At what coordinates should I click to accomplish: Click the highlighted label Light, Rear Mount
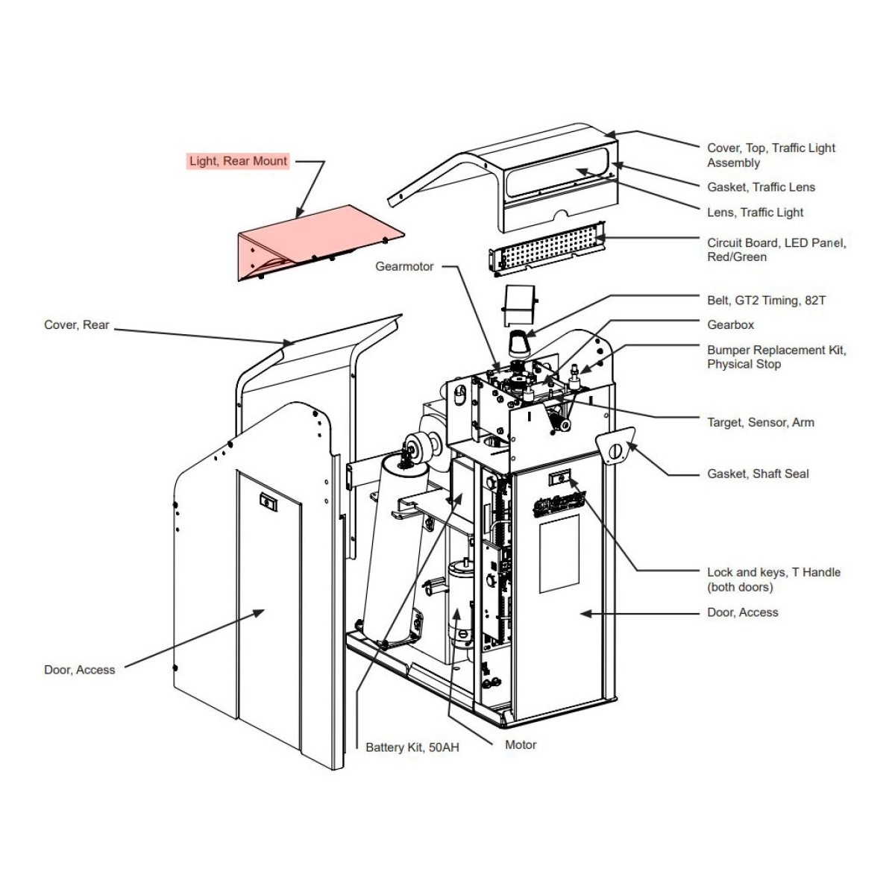click(238, 161)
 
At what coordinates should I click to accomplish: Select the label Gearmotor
click(404, 266)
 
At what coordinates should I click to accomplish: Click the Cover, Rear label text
click(77, 324)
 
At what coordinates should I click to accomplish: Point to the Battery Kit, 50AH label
click(412, 747)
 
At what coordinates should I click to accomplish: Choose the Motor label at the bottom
click(521, 745)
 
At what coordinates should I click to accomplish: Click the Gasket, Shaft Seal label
click(758, 474)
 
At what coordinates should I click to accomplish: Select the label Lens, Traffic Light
click(755, 213)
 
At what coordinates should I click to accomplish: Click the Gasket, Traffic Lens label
click(761, 187)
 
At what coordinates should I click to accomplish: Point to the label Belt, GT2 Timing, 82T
click(767, 301)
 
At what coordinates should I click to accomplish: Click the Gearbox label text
click(730, 324)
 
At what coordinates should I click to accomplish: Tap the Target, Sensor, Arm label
click(760, 423)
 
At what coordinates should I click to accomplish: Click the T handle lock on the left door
click(268, 503)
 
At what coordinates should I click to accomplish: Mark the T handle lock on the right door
click(559, 477)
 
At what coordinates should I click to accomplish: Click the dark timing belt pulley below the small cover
click(520, 344)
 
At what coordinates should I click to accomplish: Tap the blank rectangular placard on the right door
click(559, 553)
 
